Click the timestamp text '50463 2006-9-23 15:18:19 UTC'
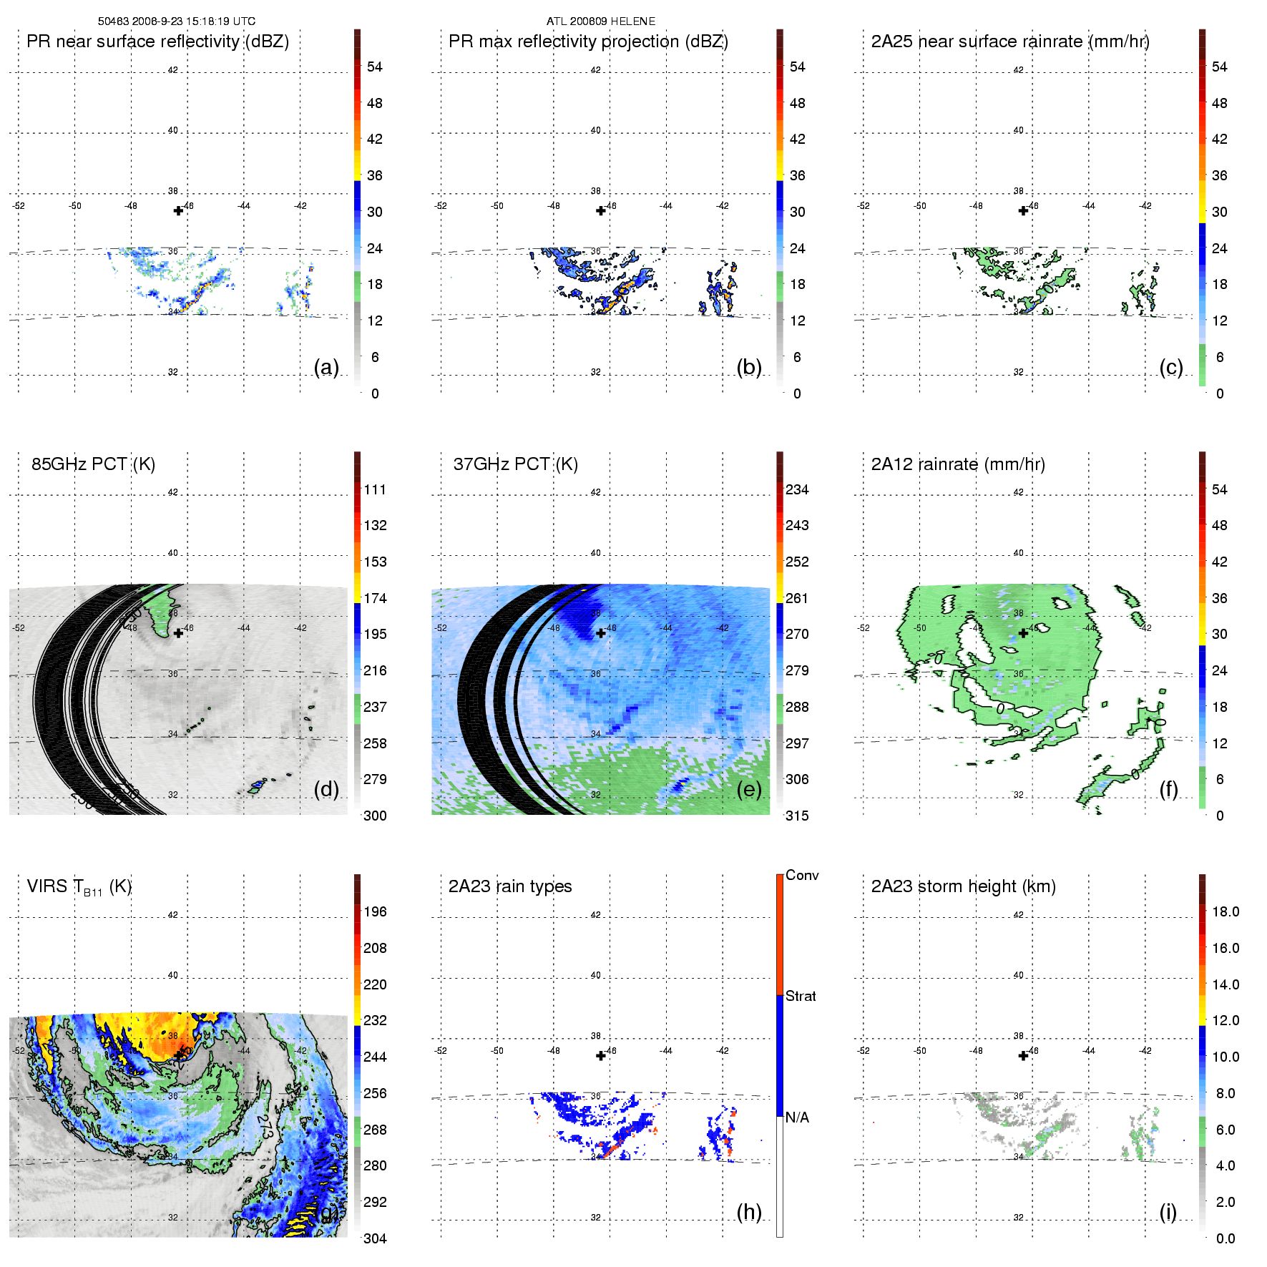176,21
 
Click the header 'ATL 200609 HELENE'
600,21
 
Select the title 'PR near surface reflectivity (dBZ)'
157,41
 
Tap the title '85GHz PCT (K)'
93,464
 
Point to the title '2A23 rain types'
509,886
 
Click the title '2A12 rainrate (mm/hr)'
958,464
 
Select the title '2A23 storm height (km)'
963,886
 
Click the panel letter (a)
326,367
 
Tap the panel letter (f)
1168,789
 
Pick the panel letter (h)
748,1212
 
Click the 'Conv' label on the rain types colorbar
801,875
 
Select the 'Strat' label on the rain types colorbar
800,996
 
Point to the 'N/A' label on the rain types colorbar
797,1117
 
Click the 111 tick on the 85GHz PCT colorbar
375,490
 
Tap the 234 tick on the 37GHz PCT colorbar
797,490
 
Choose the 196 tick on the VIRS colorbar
375,912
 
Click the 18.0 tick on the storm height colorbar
1225,912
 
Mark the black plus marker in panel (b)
601,210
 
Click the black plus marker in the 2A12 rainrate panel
1023,632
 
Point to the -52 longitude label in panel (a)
19,206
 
